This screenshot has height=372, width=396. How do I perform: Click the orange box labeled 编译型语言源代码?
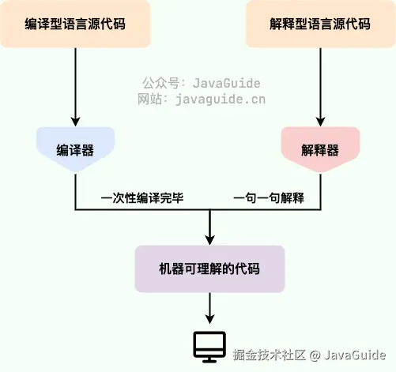pyautogui.click(x=75, y=24)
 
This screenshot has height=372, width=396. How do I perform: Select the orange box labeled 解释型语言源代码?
pyautogui.click(x=320, y=24)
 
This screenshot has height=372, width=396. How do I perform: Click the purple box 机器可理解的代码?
pyautogui.click(x=209, y=269)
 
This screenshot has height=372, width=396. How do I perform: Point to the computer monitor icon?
pyautogui.click(x=209, y=345)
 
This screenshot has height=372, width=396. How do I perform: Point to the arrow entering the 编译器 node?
pyautogui.click(x=75, y=118)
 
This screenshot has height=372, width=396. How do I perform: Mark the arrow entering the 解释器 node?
pyautogui.click(x=320, y=118)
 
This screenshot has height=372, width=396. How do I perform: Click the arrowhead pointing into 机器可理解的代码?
pyautogui.click(x=209, y=239)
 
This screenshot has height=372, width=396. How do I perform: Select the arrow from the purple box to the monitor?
pyautogui.click(x=209, y=308)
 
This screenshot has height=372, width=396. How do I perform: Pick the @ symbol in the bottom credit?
pyautogui.click(x=314, y=355)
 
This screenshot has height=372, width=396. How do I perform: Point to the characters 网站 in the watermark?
pyautogui.click(x=150, y=100)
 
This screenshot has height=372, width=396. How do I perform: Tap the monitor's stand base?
pyautogui.click(x=209, y=360)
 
